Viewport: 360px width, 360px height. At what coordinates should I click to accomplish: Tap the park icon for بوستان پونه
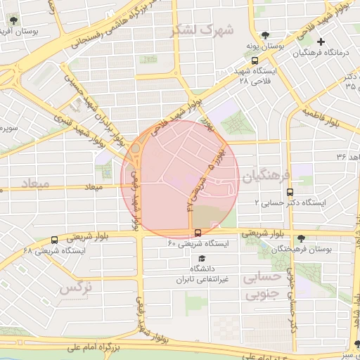265,36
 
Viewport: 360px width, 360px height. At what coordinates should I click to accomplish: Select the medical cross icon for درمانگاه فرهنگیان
321,42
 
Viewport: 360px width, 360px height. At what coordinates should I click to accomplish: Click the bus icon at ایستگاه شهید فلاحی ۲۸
240,71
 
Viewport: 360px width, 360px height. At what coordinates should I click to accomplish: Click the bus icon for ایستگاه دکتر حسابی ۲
290,191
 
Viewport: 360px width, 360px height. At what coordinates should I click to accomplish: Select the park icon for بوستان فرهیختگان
301,238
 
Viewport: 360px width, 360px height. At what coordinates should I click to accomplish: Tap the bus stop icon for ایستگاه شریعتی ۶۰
197,233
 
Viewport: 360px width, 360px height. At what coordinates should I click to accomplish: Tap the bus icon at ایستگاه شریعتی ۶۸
55,240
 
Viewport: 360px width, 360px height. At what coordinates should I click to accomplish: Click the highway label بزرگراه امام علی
99,347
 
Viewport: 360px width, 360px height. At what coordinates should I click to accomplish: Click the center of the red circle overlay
180,179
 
